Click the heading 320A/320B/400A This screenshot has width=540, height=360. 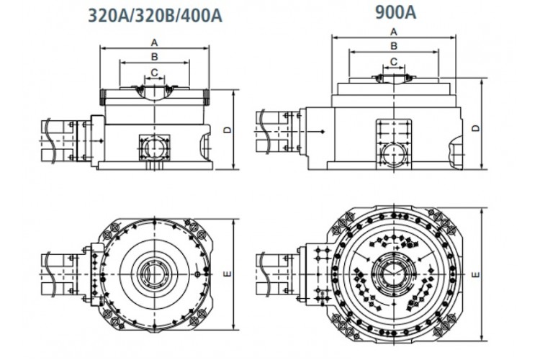(155, 16)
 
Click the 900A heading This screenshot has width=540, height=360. (395, 12)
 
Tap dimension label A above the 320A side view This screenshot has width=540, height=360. (154, 42)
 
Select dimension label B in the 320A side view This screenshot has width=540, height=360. (154, 56)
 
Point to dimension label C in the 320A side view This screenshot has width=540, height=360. (154, 73)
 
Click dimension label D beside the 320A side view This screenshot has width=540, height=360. (228, 130)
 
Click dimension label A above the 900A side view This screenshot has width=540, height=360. (394, 32)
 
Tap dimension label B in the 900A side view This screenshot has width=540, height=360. (394, 46)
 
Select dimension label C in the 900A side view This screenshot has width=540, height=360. (394, 62)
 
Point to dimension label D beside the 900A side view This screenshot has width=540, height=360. (476, 128)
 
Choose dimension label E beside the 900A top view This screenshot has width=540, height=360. (476, 274)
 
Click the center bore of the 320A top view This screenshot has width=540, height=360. (155, 274)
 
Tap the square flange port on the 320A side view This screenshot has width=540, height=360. (154, 148)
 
